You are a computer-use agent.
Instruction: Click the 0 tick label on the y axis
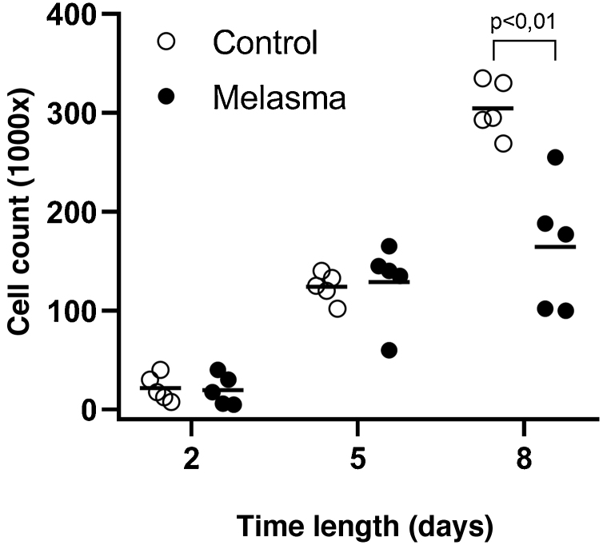tap(95, 410)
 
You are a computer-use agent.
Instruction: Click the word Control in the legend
tap(265, 42)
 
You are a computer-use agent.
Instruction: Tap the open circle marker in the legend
tap(166, 42)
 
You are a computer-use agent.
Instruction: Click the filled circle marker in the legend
tap(166, 96)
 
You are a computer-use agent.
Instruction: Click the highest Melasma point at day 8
tap(555, 157)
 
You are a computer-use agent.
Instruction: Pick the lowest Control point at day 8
tap(503, 144)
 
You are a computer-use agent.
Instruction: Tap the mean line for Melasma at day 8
tap(555, 247)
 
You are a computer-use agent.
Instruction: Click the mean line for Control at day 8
tap(493, 108)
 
